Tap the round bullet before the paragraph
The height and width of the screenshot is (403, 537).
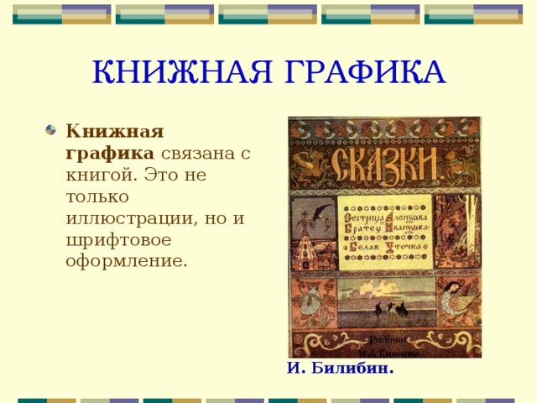[x=51, y=130]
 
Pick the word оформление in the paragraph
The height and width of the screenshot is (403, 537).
[x=126, y=260]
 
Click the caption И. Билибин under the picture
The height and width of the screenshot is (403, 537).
[x=340, y=367]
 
